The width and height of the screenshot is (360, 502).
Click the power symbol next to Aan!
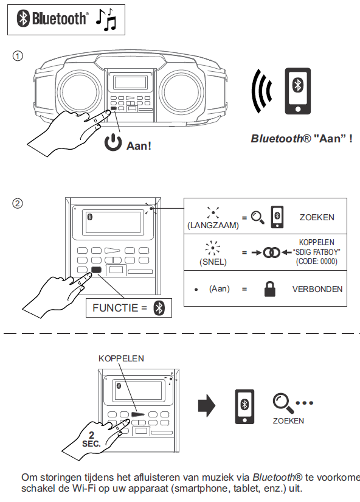tap(113, 142)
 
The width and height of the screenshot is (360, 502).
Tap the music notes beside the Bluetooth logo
tap(106, 19)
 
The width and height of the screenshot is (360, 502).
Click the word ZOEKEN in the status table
tap(317, 217)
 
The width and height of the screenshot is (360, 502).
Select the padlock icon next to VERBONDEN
tap(270, 289)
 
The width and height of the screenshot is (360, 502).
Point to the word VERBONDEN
tap(317, 289)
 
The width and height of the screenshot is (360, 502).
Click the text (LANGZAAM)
tap(213, 225)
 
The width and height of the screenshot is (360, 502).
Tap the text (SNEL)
tap(213, 262)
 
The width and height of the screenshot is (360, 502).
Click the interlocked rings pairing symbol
tap(271, 253)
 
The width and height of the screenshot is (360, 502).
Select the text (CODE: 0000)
tap(316, 262)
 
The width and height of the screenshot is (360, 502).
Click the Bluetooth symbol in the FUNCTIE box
tap(159, 308)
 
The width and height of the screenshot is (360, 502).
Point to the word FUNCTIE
tap(115, 308)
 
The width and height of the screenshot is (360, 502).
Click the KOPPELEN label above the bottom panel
tap(121, 358)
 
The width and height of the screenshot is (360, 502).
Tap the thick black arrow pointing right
tap(207, 406)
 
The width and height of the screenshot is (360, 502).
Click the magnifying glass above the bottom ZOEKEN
tap(283, 403)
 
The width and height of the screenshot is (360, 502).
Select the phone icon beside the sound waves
tap(297, 91)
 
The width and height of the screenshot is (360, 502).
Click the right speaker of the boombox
tap(181, 91)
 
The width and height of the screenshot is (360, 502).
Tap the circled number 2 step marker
tap(18, 203)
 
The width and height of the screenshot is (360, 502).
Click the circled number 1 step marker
tap(18, 56)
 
